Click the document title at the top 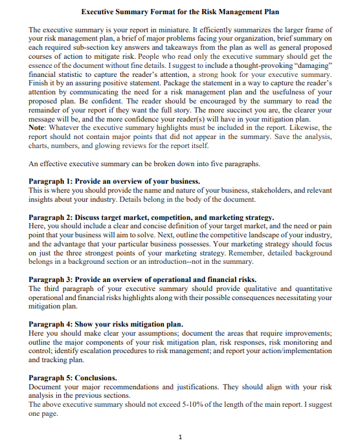[x=181, y=12]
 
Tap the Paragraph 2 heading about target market [x=152, y=217]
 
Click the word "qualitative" [x=254, y=288]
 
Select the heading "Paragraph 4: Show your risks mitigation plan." [x=106, y=323]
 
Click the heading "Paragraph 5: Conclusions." [x=73, y=377]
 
